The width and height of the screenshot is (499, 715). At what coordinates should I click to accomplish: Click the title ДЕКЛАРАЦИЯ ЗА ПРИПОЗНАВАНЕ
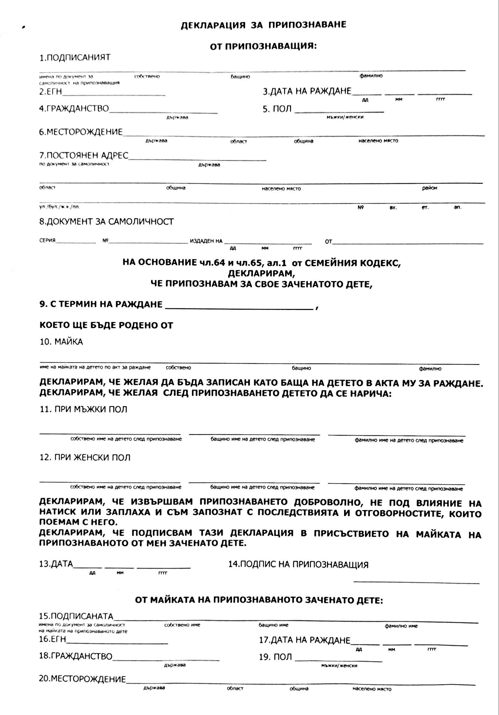(x=263, y=25)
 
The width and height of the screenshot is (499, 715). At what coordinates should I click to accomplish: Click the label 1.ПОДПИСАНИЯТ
(x=75, y=58)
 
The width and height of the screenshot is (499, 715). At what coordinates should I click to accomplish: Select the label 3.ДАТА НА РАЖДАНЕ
(x=307, y=91)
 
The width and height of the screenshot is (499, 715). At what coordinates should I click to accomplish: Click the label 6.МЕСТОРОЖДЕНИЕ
(x=81, y=132)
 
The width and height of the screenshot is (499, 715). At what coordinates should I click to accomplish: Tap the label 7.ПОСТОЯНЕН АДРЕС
(x=84, y=155)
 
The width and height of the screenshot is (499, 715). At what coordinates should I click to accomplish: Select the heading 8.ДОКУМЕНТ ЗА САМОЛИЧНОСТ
(x=106, y=222)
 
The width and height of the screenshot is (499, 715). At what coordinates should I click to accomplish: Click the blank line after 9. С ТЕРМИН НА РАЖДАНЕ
(x=239, y=309)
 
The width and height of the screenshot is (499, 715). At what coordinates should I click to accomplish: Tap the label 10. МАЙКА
(x=61, y=342)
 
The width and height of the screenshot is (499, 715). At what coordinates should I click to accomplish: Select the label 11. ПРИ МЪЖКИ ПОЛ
(x=83, y=409)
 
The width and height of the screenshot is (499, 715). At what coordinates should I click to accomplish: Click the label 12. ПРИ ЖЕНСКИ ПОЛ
(x=85, y=457)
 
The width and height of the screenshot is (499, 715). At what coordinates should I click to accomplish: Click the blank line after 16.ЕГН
(x=117, y=643)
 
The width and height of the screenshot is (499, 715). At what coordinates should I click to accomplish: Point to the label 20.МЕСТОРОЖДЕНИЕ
(x=82, y=679)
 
